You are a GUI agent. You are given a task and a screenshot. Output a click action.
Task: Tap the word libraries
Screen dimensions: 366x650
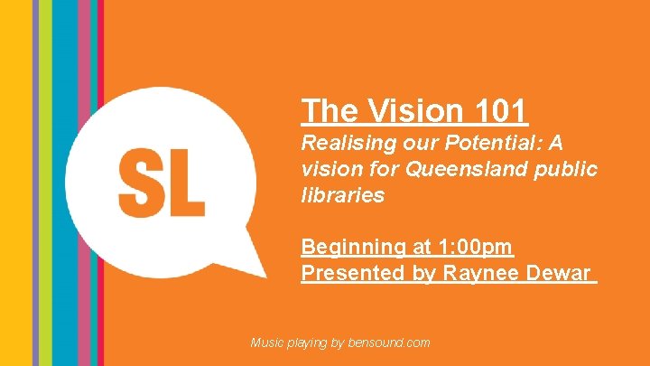click(x=342, y=194)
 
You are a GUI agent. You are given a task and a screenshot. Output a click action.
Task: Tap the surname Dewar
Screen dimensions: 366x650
click(x=561, y=273)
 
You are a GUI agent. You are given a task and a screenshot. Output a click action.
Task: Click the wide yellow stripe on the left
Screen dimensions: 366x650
click(x=15, y=181)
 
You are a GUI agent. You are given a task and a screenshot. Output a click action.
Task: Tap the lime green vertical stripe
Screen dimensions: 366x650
click(x=44, y=181)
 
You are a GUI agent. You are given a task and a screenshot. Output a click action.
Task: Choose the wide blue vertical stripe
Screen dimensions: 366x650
click(x=65, y=181)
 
